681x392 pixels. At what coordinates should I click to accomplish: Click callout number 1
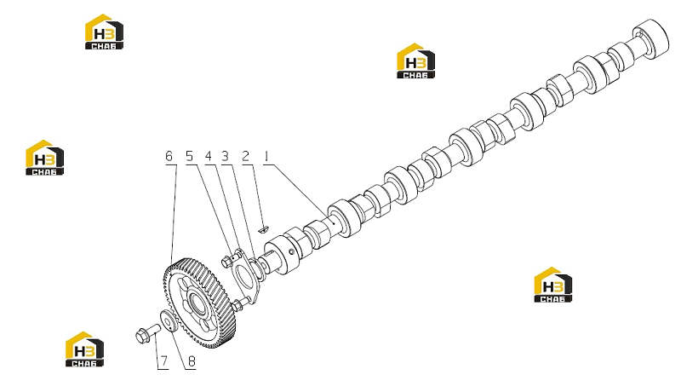click(x=266, y=156)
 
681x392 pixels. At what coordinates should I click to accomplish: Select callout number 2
click(x=245, y=156)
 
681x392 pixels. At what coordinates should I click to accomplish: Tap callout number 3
click(x=225, y=156)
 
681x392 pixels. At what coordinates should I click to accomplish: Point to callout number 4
click(x=209, y=156)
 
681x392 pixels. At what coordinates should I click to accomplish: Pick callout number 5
click(x=189, y=156)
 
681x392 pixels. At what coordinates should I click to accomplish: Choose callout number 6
click(x=169, y=156)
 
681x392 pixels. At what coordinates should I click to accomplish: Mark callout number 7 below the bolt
click(x=163, y=361)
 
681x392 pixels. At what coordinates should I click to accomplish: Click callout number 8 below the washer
click(x=192, y=361)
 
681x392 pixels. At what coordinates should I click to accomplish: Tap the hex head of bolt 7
click(x=140, y=336)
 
